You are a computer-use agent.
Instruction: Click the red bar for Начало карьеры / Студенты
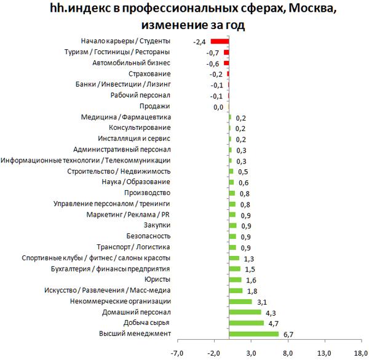tap(220, 41)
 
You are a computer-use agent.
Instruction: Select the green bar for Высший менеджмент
tap(253, 334)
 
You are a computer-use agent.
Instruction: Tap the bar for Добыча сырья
tap(246, 322)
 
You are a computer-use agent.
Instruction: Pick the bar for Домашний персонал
tap(245, 312)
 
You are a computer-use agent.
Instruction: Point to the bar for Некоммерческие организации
tap(240, 302)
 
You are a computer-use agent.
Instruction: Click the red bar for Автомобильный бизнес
tap(226, 63)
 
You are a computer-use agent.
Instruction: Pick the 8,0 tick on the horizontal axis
tap(288, 353)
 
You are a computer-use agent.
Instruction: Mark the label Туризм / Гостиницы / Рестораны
tap(117, 52)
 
